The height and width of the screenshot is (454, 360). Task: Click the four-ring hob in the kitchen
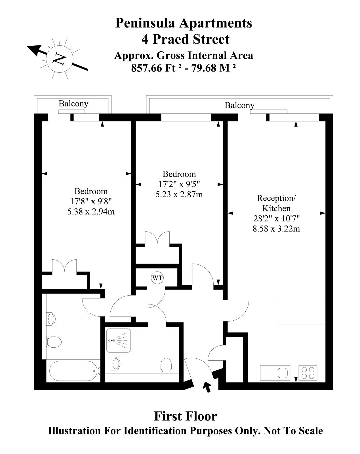pyautogui.click(x=308, y=373)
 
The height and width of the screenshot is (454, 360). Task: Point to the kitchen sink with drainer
pyautogui.click(x=275, y=373)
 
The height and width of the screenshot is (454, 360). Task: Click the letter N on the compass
pyautogui.click(x=59, y=59)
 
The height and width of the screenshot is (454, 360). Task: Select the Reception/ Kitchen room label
pyautogui.click(x=277, y=203)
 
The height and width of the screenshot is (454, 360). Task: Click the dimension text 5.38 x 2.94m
pyautogui.click(x=91, y=212)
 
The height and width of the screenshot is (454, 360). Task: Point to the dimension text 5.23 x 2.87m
pyautogui.click(x=179, y=194)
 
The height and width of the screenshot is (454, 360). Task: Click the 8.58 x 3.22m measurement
pyautogui.click(x=276, y=229)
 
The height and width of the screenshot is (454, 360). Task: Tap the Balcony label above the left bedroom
pyautogui.click(x=73, y=104)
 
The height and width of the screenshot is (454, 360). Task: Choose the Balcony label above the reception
pyautogui.click(x=240, y=105)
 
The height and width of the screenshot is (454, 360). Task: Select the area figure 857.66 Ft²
pyautogui.click(x=156, y=68)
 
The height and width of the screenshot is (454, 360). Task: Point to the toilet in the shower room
pyautogui.click(x=166, y=366)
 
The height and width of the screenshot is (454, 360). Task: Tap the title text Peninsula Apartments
pyautogui.click(x=184, y=23)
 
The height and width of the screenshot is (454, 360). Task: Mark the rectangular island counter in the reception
pyautogui.click(x=302, y=311)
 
